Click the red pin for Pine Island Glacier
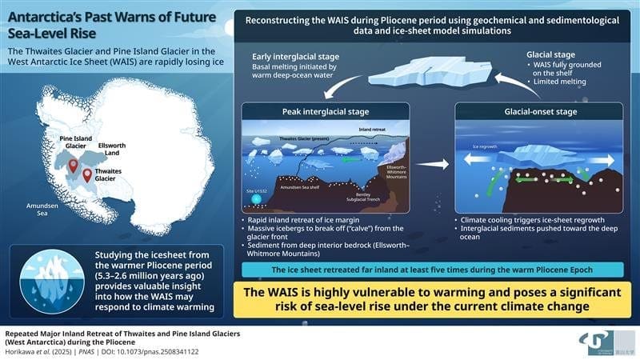click(73, 166)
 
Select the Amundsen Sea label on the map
click(37, 210)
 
